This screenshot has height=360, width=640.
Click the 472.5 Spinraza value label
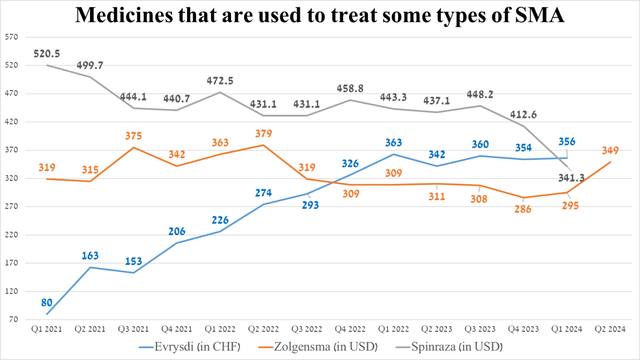[219, 80]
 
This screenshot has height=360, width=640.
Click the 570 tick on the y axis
[13, 37]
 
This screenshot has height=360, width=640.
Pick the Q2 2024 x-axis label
[612, 330]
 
